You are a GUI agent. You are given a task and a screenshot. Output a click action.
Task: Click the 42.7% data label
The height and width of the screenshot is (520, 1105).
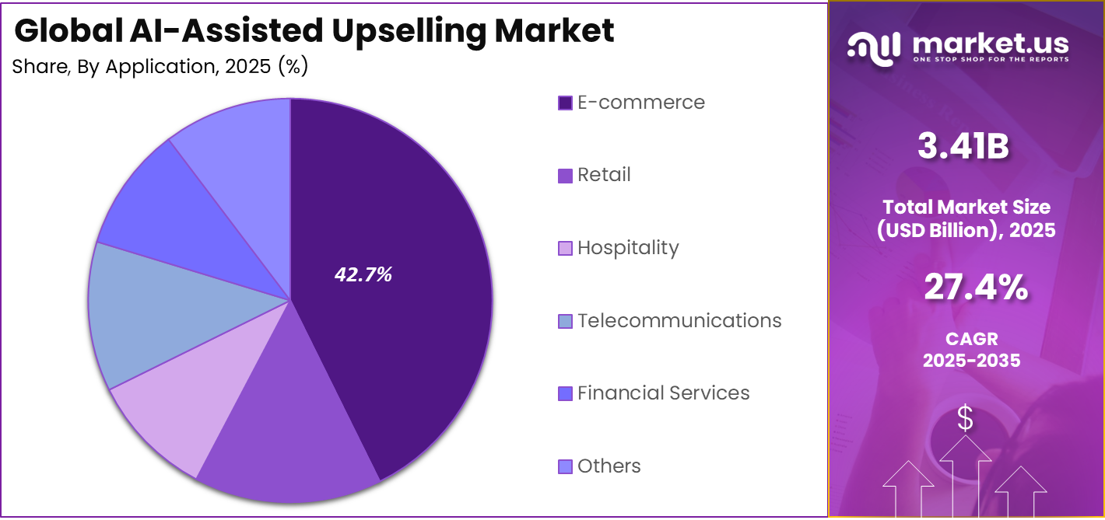pos(363,274)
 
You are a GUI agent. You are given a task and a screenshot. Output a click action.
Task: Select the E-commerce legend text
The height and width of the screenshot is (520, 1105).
pos(640,103)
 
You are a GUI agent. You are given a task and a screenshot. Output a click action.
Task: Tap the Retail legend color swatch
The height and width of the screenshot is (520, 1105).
pos(565,176)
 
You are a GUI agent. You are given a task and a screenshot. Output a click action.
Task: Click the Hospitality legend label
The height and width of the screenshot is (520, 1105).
pos(628,248)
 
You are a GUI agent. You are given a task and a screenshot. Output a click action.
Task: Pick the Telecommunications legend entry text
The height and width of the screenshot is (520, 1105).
pos(679,320)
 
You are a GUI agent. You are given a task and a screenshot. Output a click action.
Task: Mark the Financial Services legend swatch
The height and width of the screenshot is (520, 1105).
pos(565,394)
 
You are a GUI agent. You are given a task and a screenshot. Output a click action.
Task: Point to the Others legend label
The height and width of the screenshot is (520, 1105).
pos(609,466)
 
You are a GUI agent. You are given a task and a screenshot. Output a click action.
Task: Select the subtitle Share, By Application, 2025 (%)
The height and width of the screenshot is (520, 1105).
pos(160,67)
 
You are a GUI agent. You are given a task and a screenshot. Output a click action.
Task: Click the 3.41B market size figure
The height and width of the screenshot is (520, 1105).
pos(963,147)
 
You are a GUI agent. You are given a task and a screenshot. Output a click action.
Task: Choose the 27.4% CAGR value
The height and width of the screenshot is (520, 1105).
pos(975,287)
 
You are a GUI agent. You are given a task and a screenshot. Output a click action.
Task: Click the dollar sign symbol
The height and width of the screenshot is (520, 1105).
pos(965,419)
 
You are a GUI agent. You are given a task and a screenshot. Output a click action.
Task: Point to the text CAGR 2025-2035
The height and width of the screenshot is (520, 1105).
pos(971,350)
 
